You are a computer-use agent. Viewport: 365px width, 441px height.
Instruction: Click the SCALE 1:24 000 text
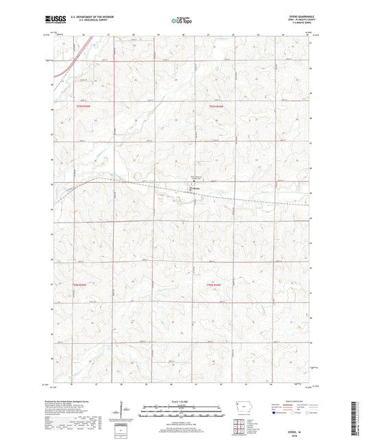(181, 401)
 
